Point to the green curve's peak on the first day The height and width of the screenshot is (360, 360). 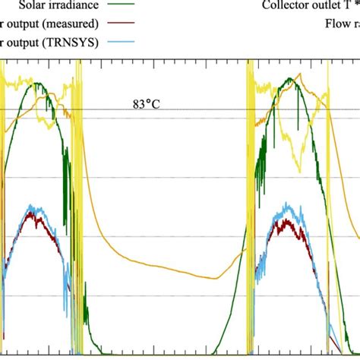coord(35,82)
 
